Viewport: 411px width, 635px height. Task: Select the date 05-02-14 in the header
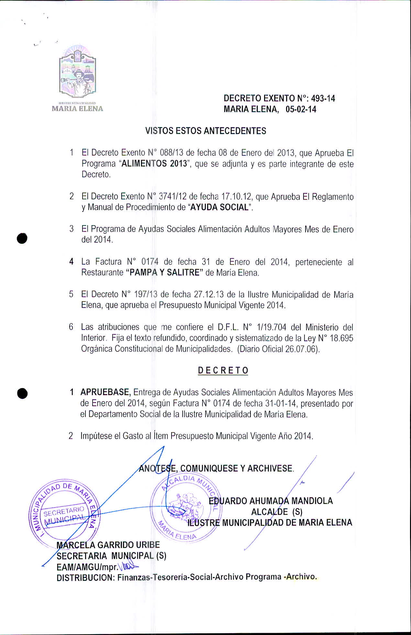click(x=301, y=109)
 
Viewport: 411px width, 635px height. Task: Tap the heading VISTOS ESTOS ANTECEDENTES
click(x=205, y=131)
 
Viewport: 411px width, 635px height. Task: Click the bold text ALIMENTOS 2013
click(x=154, y=163)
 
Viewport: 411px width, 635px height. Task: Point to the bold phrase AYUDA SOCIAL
click(x=219, y=207)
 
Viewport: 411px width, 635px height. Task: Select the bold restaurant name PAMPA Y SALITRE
click(x=164, y=273)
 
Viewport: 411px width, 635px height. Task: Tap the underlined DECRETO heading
click(x=223, y=371)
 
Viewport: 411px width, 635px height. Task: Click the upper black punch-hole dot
click(x=22, y=238)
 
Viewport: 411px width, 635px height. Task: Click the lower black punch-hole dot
click(x=22, y=393)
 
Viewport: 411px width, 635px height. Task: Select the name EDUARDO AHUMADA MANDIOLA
click(x=271, y=501)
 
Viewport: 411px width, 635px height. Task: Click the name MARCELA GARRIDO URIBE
click(x=108, y=545)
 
